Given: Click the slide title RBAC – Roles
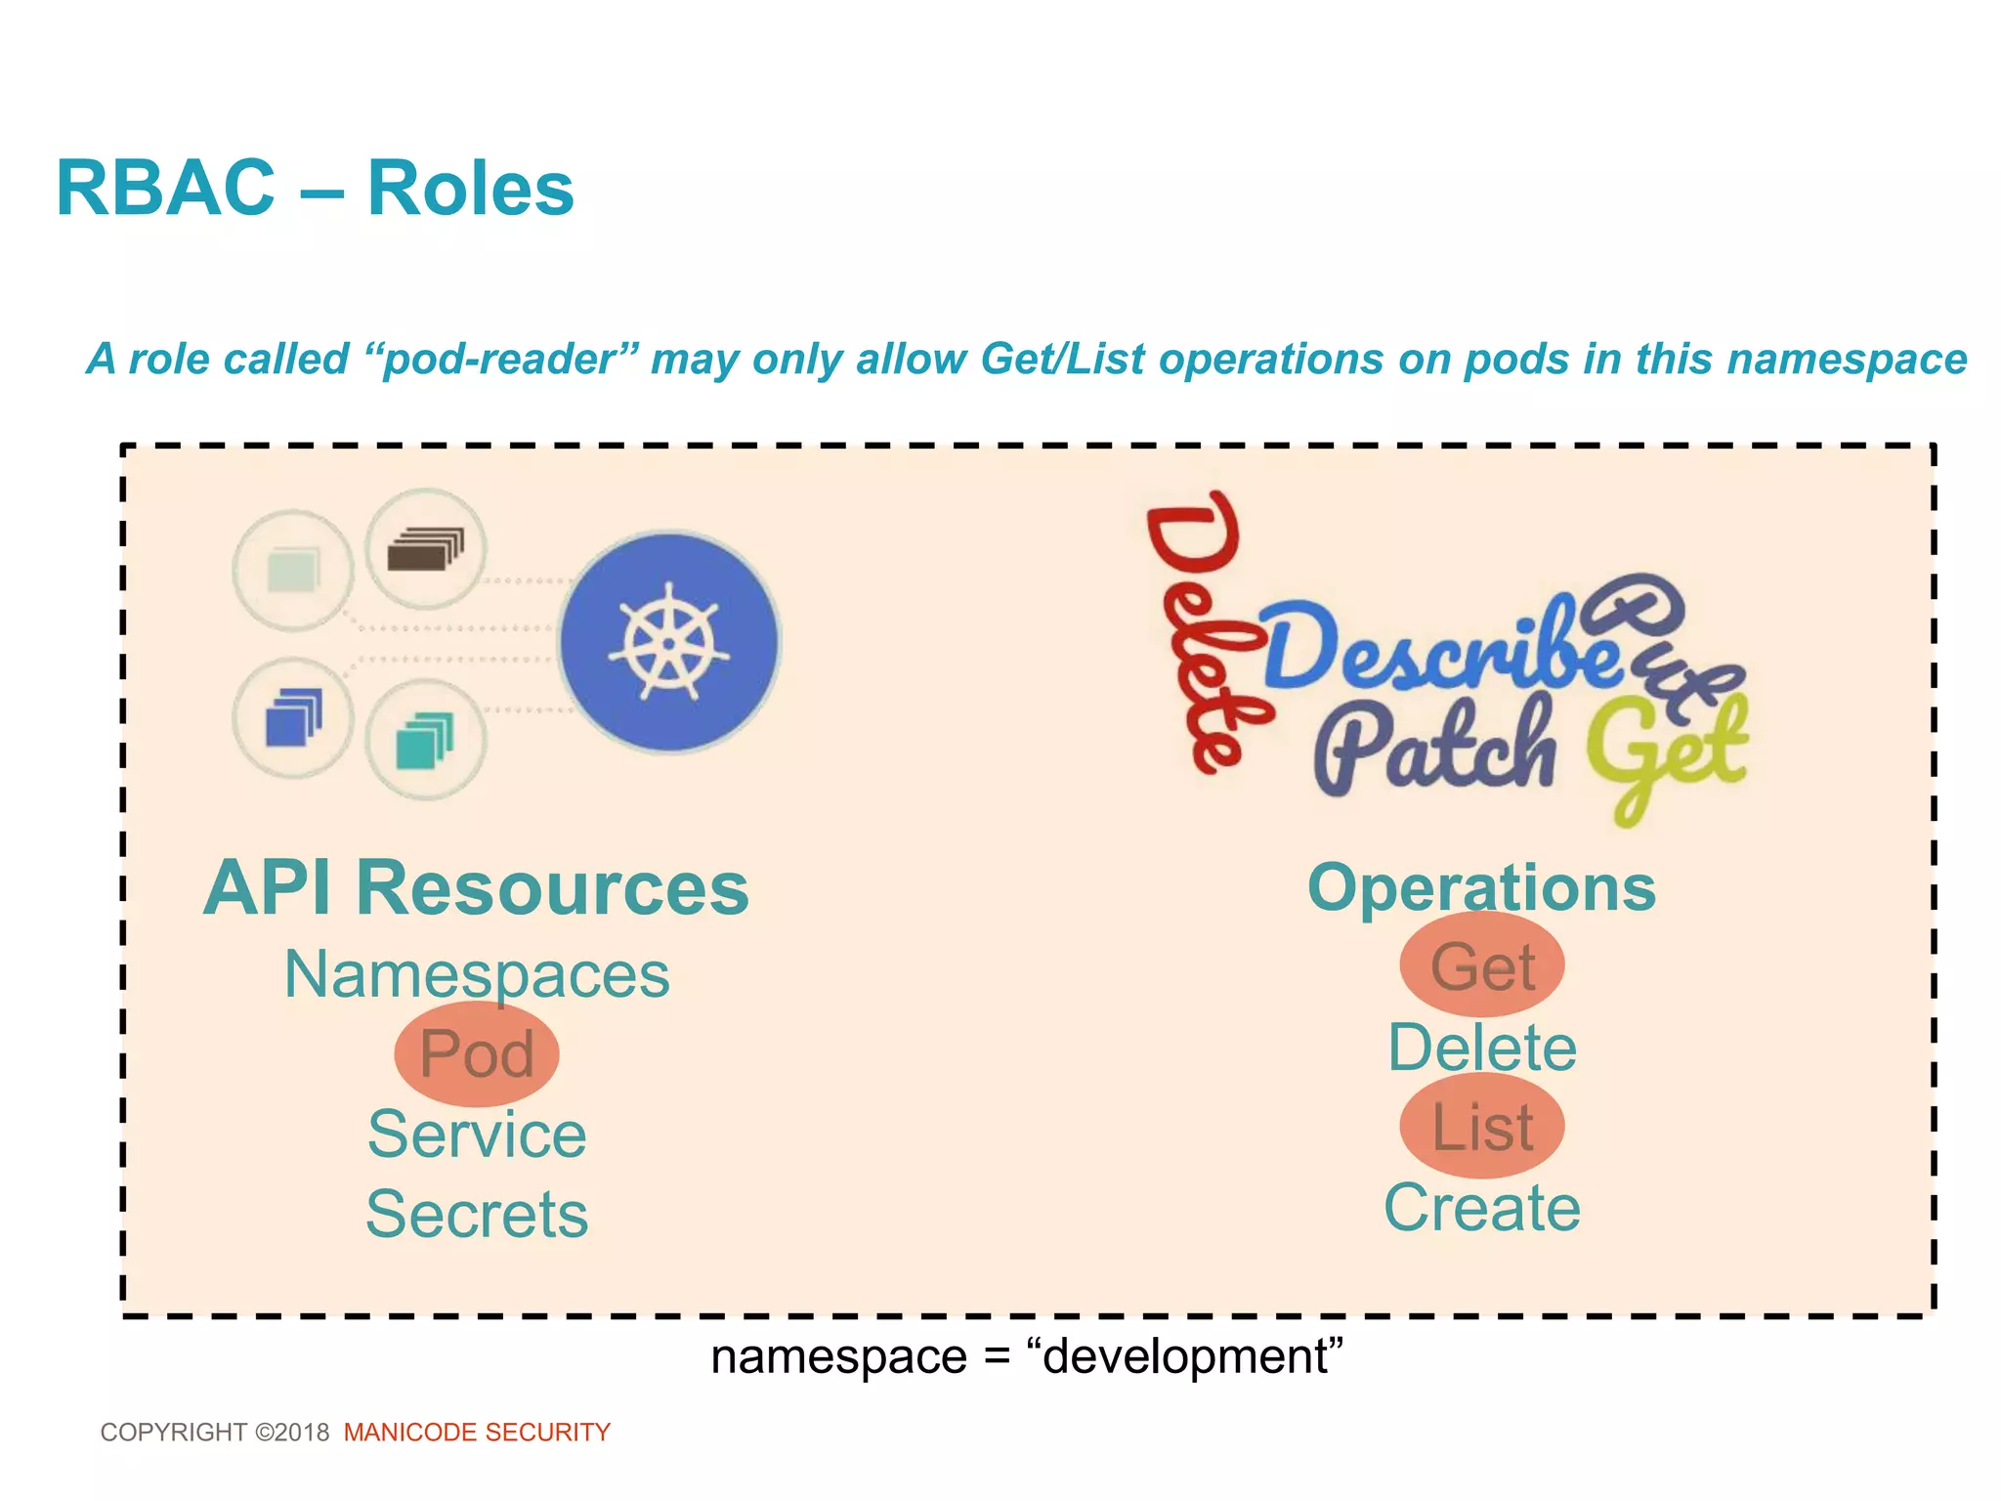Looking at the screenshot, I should point(315,189).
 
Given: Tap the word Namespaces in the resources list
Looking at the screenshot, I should point(477,974).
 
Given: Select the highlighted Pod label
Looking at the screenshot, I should point(477,1054).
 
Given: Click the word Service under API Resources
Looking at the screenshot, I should point(477,1135).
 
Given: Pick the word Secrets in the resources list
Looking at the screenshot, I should point(477,1215).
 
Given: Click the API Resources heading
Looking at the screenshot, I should point(476,888).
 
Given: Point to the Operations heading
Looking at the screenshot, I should point(1481,888).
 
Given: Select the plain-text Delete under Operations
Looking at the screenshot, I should point(1482,1048).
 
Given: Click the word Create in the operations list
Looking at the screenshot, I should point(1482,1208).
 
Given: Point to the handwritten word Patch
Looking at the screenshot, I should point(1434,748).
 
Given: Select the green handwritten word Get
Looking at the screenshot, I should point(1666,752).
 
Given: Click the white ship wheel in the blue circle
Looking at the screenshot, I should point(669,642).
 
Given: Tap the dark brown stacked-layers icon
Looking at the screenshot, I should point(425,549).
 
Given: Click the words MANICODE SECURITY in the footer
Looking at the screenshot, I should point(477,1433).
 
